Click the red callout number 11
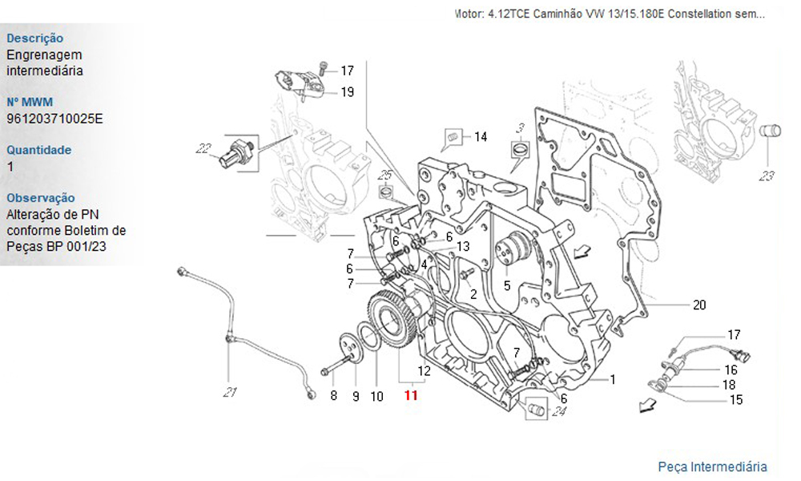(x=411, y=395)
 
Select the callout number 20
(x=699, y=305)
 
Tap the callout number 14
(x=480, y=137)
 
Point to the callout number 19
(x=347, y=92)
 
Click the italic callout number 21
(x=231, y=392)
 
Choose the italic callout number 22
(x=202, y=148)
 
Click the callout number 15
(x=735, y=400)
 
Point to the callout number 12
(x=425, y=371)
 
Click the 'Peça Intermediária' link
(x=712, y=467)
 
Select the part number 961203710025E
(x=54, y=118)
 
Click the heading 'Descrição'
(x=34, y=38)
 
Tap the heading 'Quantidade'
(x=38, y=150)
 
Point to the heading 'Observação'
(x=40, y=198)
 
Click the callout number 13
(x=463, y=246)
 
